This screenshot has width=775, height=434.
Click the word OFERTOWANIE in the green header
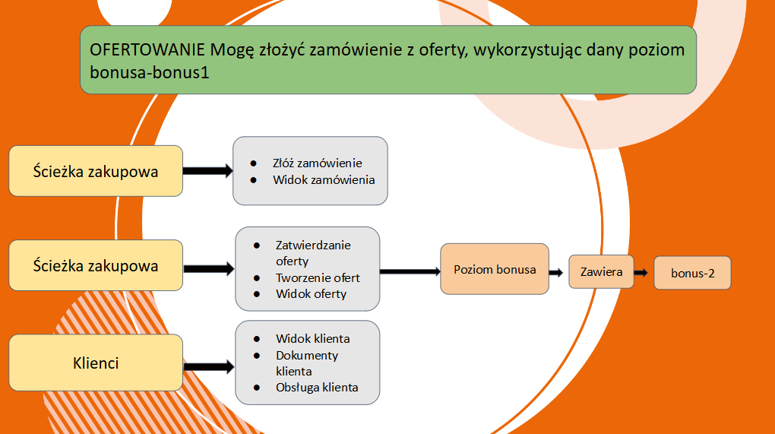[x=147, y=50]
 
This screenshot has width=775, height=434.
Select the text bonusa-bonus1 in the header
[x=149, y=73]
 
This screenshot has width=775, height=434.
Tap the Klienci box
[x=96, y=363]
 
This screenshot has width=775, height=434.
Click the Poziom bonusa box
[x=495, y=269]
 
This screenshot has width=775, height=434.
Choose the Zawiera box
[x=601, y=272]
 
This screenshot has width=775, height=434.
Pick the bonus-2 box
[x=692, y=273]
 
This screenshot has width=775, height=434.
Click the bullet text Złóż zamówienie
[x=318, y=163]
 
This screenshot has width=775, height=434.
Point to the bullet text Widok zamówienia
[x=324, y=180]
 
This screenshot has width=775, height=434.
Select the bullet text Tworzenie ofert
[x=318, y=277]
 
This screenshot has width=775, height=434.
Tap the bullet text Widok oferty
[x=311, y=294]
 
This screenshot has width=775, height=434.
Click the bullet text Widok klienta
[x=313, y=338]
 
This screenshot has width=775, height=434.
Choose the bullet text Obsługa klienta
[x=317, y=388]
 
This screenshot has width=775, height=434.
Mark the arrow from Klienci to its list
[x=209, y=367]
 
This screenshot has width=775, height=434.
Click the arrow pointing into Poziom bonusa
[x=410, y=271]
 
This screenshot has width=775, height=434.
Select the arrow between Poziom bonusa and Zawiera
[x=556, y=272]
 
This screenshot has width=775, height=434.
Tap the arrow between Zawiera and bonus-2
[x=641, y=272]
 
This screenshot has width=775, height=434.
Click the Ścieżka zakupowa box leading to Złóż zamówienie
[x=96, y=171]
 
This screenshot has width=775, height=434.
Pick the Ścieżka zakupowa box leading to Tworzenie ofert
[x=96, y=265]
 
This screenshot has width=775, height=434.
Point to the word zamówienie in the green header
[x=356, y=50]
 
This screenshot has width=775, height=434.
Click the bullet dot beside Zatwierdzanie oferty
[x=257, y=246]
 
